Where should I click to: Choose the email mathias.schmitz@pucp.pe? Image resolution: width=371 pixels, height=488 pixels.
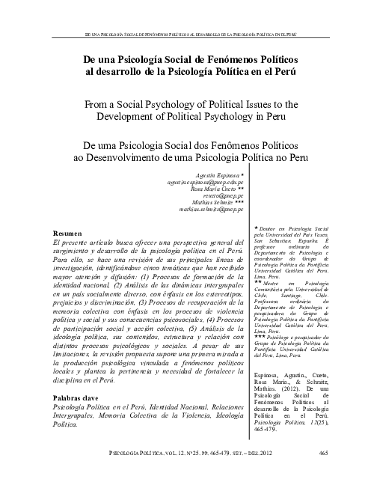pyautogui.click(x=212, y=210)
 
